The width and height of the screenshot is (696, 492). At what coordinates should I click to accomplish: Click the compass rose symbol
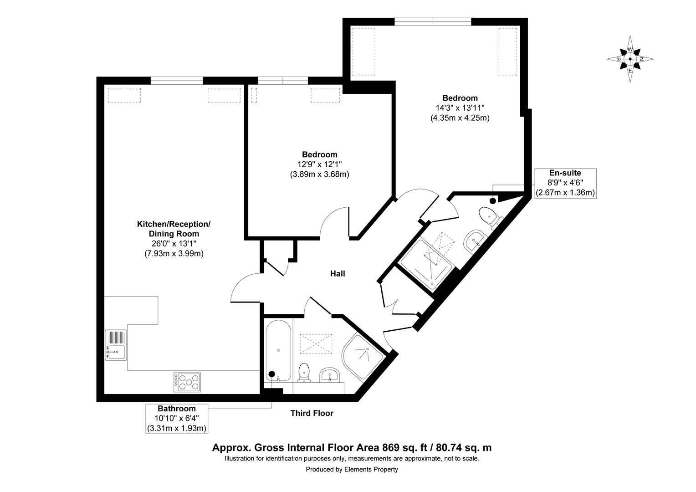[x=630, y=59]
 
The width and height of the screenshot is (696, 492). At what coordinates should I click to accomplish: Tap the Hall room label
[x=338, y=274]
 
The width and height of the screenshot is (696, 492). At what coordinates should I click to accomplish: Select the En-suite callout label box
[x=565, y=183]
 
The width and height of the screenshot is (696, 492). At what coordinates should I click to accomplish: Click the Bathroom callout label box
[x=177, y=418]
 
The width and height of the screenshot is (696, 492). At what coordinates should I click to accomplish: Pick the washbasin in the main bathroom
[x=330, y=375]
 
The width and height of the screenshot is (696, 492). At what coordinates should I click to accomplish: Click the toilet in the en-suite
[x=489, y=216]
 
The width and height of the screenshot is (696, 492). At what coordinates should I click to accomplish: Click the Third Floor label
[x=312, y=414]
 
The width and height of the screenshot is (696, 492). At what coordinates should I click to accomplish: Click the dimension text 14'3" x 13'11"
[x=460, y=108]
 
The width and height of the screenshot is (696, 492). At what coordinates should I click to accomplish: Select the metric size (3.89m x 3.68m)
[x=319, y=174]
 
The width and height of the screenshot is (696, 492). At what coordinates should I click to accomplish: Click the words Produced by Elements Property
[x=352, y=469]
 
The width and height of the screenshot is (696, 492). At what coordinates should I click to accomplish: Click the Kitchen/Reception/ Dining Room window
[x=177, y=81]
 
